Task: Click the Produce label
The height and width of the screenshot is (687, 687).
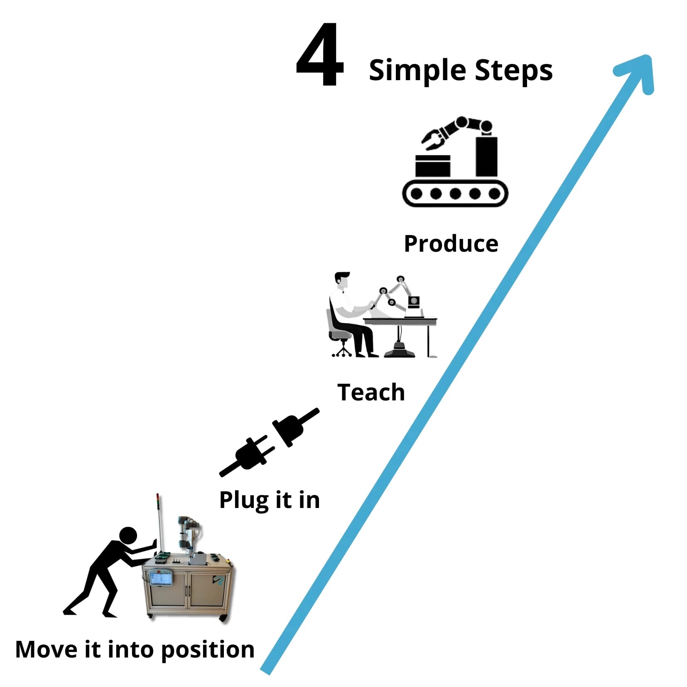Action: click(451, 243)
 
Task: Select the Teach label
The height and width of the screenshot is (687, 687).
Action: click(371, 392)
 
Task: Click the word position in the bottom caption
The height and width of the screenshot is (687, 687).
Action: click(207, 650)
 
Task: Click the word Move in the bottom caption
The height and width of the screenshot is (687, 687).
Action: click(46, 649)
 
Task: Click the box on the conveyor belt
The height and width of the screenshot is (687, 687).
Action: click(432, 166)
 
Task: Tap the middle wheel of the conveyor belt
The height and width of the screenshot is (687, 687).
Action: click(455, 194)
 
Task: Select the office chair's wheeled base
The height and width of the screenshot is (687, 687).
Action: click(342, 351)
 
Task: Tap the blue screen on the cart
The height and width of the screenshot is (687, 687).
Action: click(161, 578)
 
